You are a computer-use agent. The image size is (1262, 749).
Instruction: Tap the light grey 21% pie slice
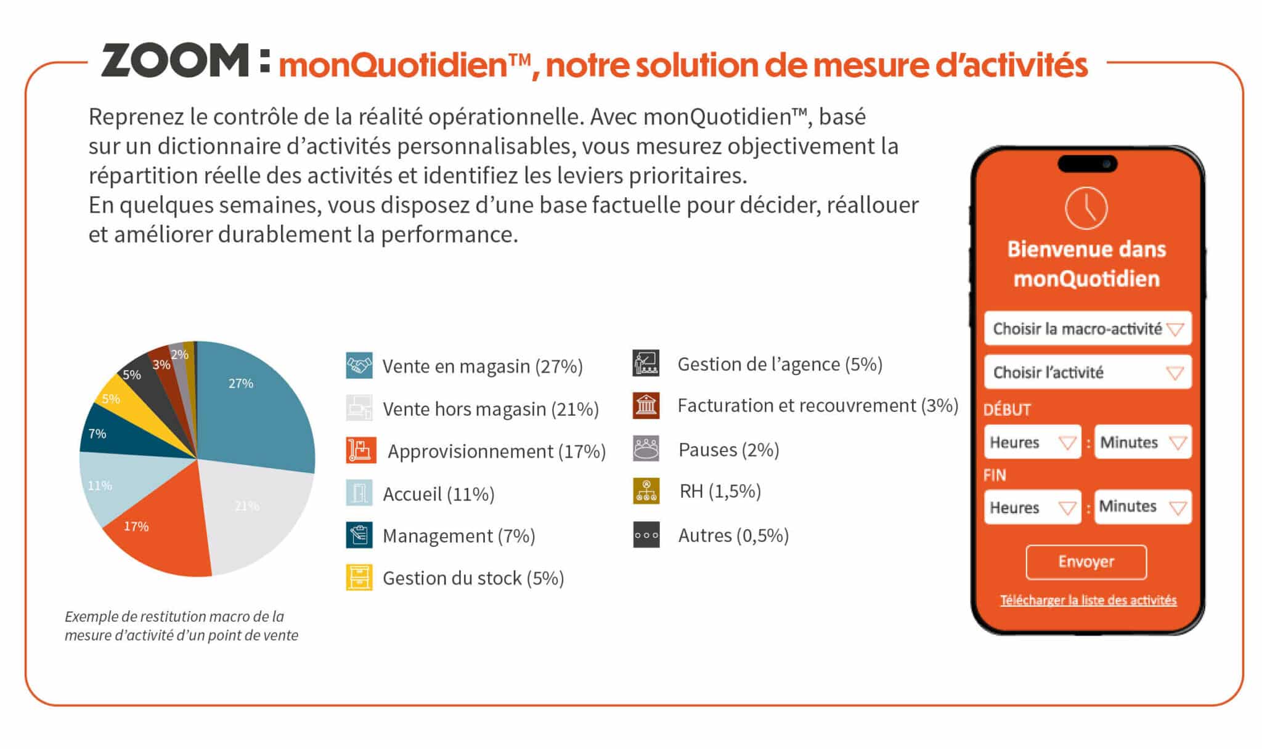pyautogui.click(x=253, y=511)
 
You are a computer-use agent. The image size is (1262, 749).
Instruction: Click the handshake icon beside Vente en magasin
pyautogui.click(x=359, y=366)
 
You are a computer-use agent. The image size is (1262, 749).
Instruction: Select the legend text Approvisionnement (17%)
pyautogui.click(x=496, y=451)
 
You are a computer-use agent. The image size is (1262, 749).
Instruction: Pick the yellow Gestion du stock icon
pyautogui.click(x=359, y=578)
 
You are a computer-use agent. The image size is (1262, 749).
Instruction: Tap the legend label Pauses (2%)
pyautogui.click(x=728, y=450)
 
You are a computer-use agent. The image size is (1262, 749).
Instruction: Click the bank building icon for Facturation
pyautogui.click(x=646, y=406)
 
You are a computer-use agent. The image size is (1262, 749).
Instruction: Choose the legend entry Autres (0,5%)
pyautogui.click(x=733, y=535)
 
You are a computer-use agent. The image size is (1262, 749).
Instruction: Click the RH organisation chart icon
pyautogui.click(x=646, y=492)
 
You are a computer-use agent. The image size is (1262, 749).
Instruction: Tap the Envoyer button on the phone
pyautogui.click(x=1086, y=562)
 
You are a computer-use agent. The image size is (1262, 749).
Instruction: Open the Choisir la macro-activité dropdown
pyautogui.click(x=1088, y=328)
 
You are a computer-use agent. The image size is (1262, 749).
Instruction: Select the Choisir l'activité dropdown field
pyautogui.click(x=1088, y=372)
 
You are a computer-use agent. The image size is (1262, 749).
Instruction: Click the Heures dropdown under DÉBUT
pyautogui.click(x=1032, y=442)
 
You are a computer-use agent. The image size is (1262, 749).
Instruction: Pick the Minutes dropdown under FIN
pyautogui.click(x=1142, y=507)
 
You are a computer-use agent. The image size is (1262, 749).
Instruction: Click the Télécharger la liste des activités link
pyautogui.click(x=1088, y=600)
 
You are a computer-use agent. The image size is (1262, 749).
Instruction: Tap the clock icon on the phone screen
pyautogui.click(x=1086, y=208)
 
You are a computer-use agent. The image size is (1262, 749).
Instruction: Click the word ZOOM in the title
pyautogui.click(x=175, y=61)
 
